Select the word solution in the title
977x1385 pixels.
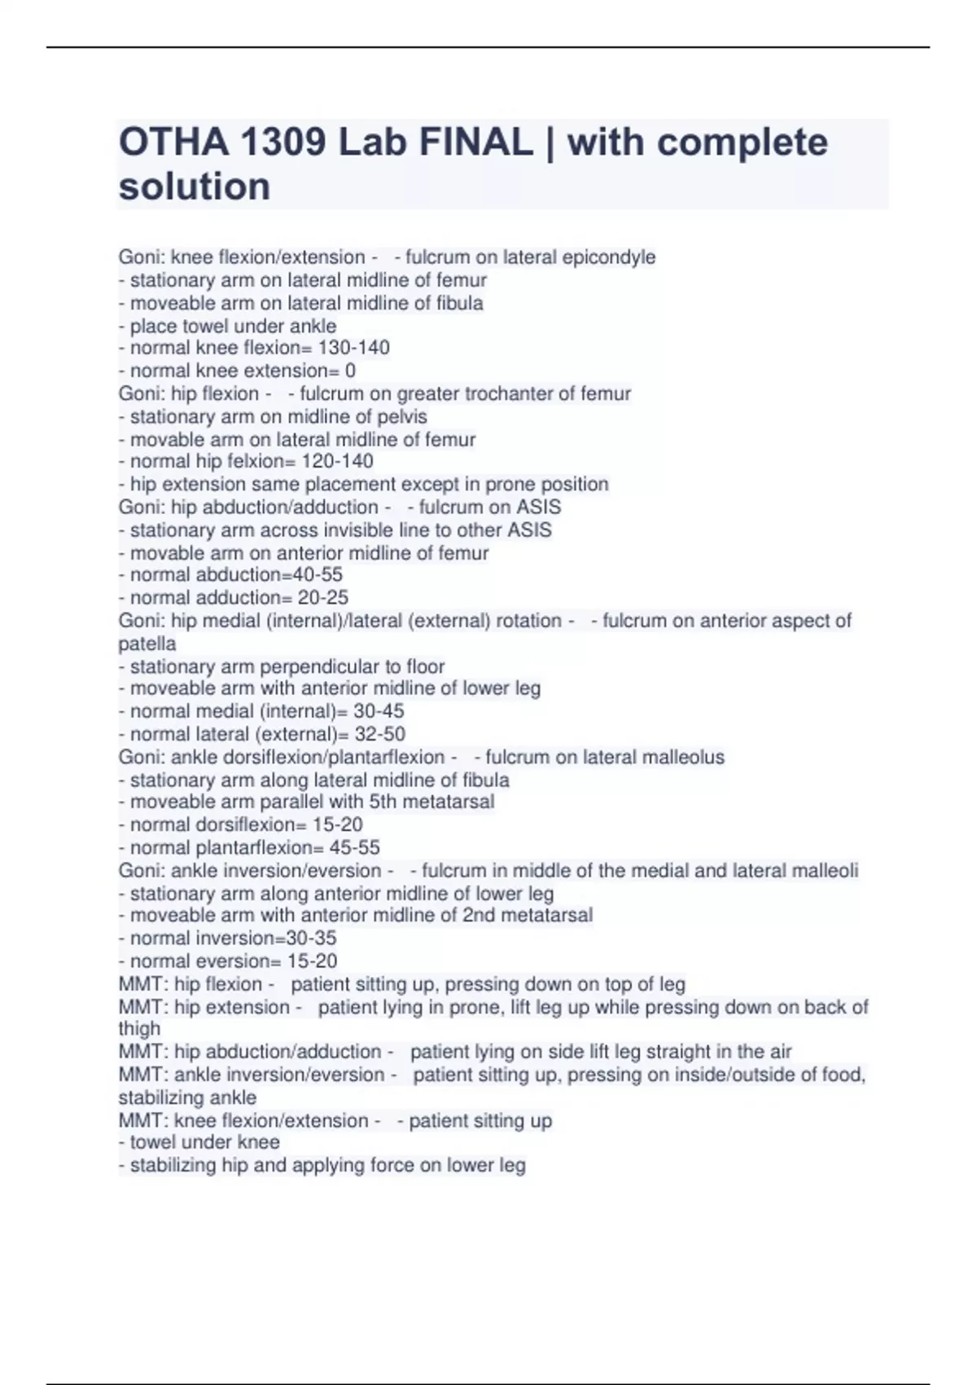195,187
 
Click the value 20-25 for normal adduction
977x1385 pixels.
323,597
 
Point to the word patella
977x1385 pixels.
147,644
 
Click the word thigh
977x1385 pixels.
139,1029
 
